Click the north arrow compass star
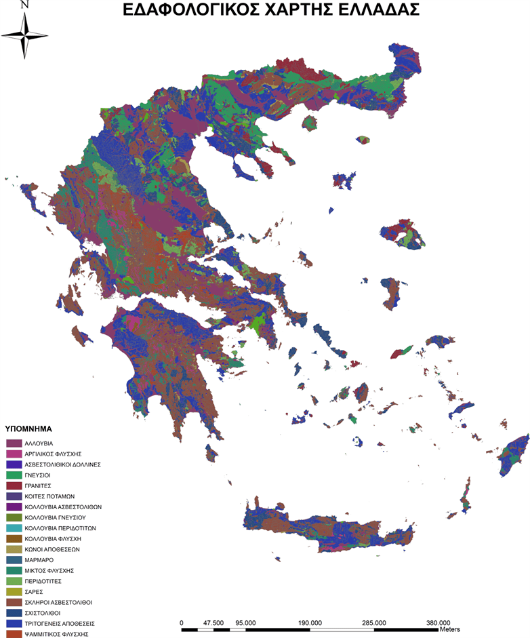25,35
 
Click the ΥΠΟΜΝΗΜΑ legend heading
28,429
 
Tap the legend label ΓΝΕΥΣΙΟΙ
40,475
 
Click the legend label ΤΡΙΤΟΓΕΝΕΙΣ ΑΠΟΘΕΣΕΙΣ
59,623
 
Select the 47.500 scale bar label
213,622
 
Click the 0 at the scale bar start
182,622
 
